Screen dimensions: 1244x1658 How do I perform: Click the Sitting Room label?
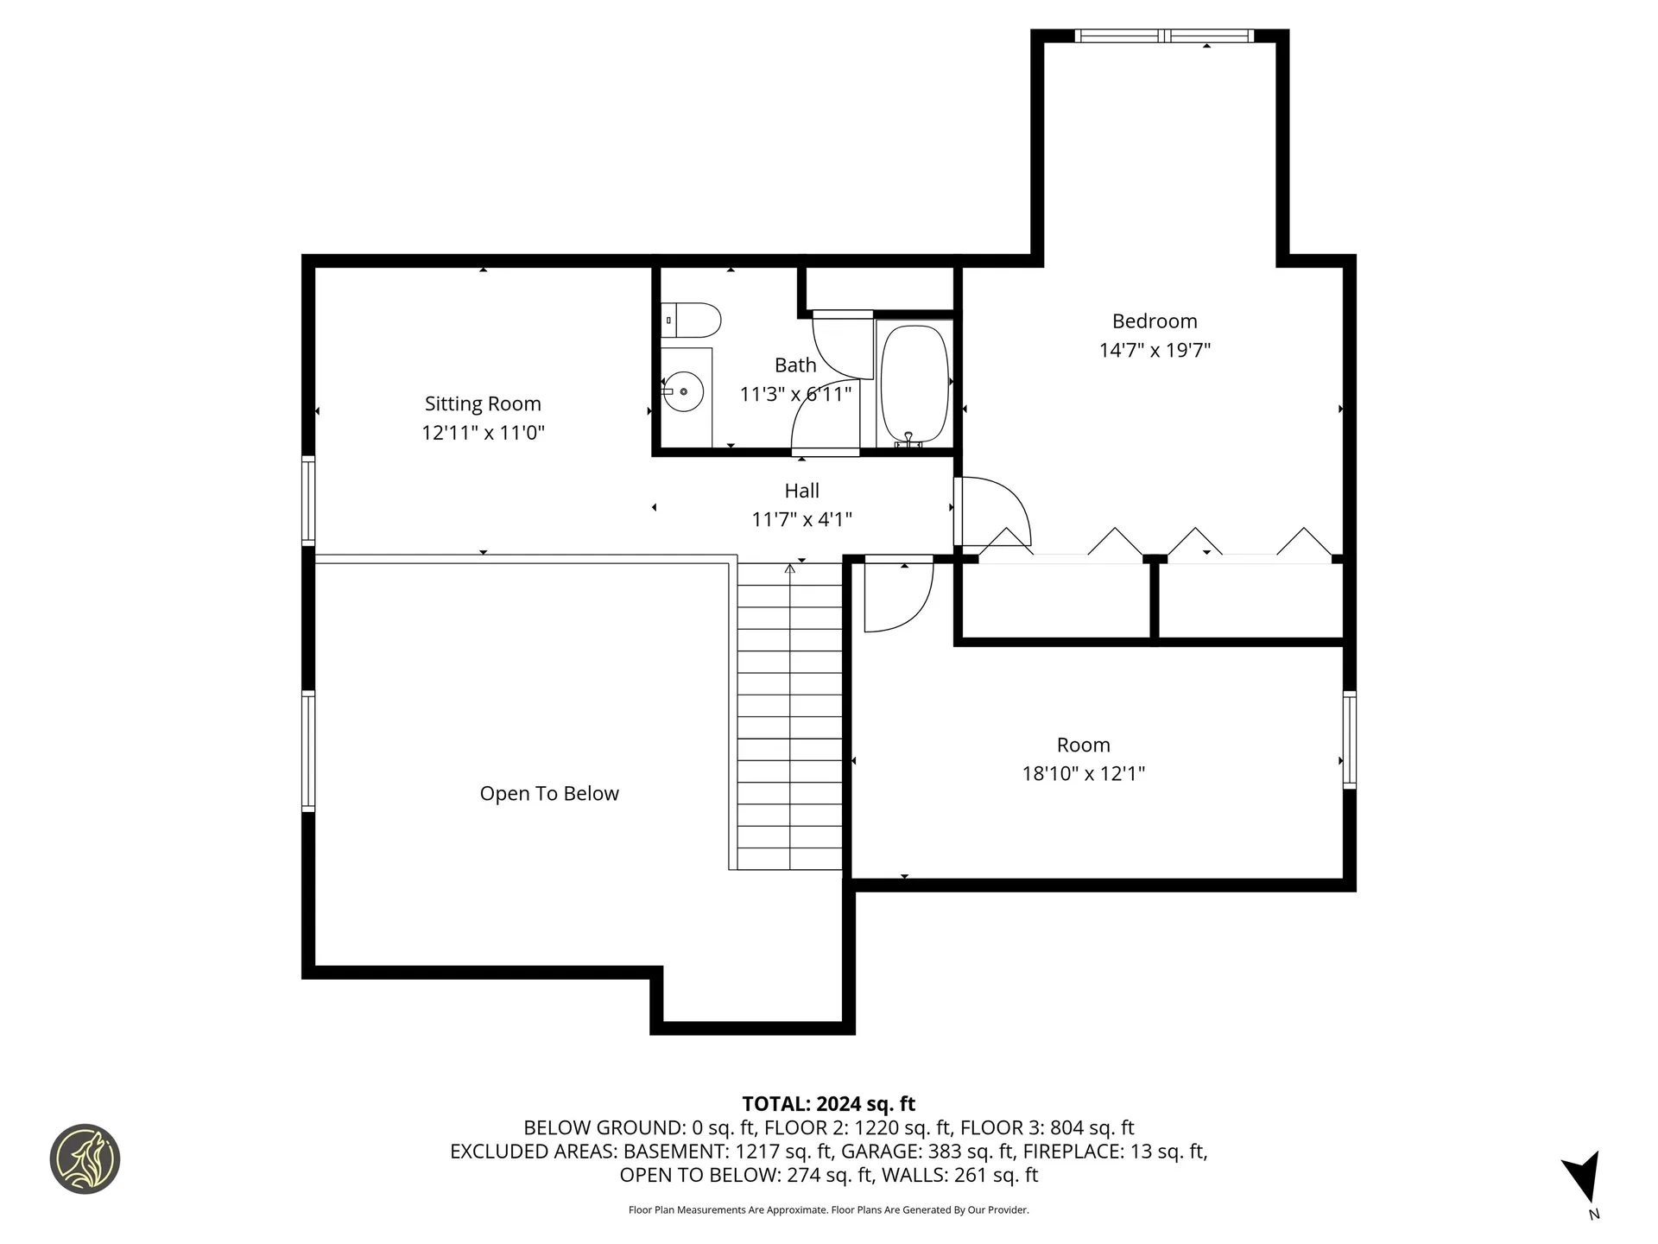[x=483, y=403]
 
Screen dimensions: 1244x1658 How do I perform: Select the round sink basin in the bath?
[x=683, y=391]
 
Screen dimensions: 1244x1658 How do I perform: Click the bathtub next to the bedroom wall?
[x=914, y=383]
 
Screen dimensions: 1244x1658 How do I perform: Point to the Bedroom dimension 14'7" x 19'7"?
[x=1155, y=350]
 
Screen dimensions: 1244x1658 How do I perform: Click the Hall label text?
[x=801, y=491]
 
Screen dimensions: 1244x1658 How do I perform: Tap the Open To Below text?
[x=549, y=793]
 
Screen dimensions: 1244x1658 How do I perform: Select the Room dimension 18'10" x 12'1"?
[x=1083, y=773]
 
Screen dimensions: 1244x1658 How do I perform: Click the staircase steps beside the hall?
[x=789, y=717]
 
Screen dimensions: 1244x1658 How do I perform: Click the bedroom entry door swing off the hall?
[x=993, y=511]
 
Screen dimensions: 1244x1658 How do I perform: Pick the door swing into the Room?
[x=898, y=596]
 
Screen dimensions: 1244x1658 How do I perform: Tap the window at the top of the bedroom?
[x=1163, y=35]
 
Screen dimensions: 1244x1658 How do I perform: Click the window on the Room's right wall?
[x=1349, y=739]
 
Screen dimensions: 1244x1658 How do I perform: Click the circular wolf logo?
[x=85, y=1158]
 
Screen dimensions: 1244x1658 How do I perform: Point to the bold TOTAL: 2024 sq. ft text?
[x=828, y=1104]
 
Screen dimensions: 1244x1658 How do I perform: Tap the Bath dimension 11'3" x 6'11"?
[x=795, y=394]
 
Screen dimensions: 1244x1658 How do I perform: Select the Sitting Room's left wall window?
[x=308, y=500]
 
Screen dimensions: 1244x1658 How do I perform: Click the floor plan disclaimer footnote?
[x=828, y=1210]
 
